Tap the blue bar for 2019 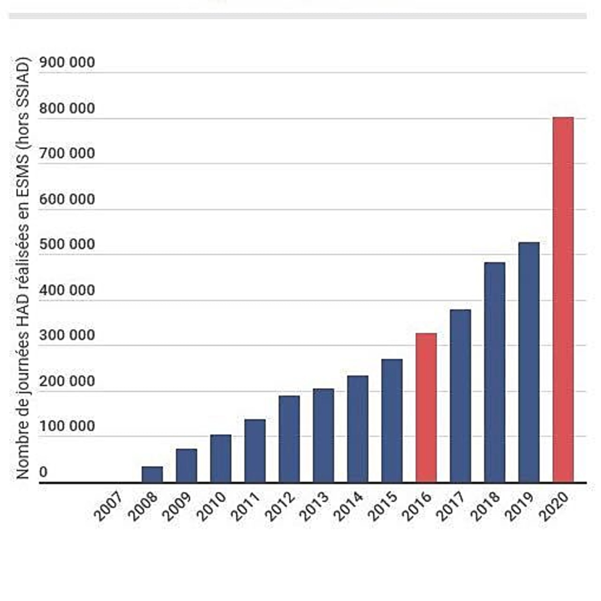(529, 362)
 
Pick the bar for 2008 (152, 474)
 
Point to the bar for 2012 (289, 439)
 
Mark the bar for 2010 (221, 458)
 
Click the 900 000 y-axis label (67, 62)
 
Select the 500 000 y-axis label (67, 245)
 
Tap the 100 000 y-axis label (67, 426)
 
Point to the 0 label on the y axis (43, 472)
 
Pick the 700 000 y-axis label (67, 154)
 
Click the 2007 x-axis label (109, 506)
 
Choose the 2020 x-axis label (554, 506)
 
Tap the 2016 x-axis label (417, 506)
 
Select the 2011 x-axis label (246, 506)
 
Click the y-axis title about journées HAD (23, 268)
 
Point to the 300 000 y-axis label (67, 336)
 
